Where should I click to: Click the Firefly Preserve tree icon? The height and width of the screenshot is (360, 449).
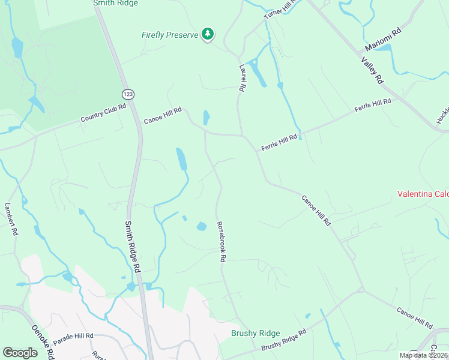[x=208, y=34]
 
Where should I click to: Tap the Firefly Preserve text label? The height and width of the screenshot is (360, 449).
[x=170, y=35]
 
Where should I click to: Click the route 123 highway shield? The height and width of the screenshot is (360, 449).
[x=127, y=94]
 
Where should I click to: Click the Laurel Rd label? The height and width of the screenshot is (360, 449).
[x=242, y=78]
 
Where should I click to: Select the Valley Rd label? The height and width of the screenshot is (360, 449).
[x=372, y=69]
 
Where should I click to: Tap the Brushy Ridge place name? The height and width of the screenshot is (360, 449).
[x=256, y=333]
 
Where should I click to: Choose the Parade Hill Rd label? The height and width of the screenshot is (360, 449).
[x=73, y=337]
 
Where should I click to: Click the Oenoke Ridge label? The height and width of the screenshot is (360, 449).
[x=43, y=338]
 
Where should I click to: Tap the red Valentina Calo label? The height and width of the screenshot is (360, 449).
[x=423, y=194]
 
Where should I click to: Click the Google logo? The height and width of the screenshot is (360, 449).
[x=20, y=352]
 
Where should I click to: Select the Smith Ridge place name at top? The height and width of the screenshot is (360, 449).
[x=115, y=3]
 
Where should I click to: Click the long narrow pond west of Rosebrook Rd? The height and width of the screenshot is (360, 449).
[x=181, y=159]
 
